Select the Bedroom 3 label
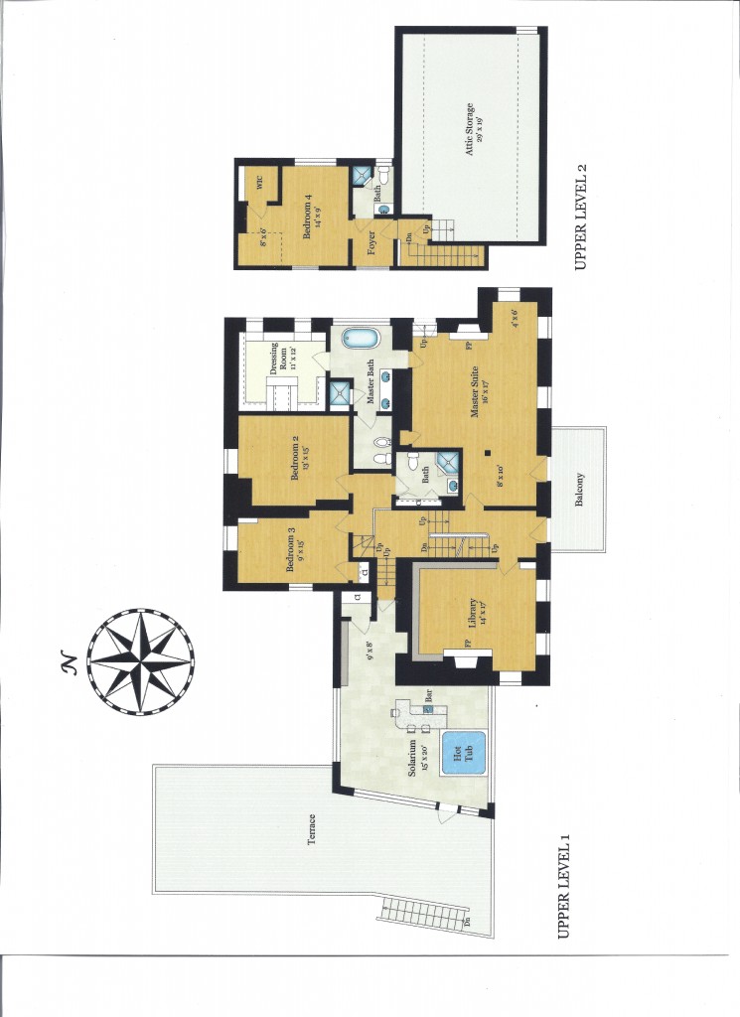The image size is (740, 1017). [291, 550]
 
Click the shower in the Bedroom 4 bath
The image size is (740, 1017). [362, 176]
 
